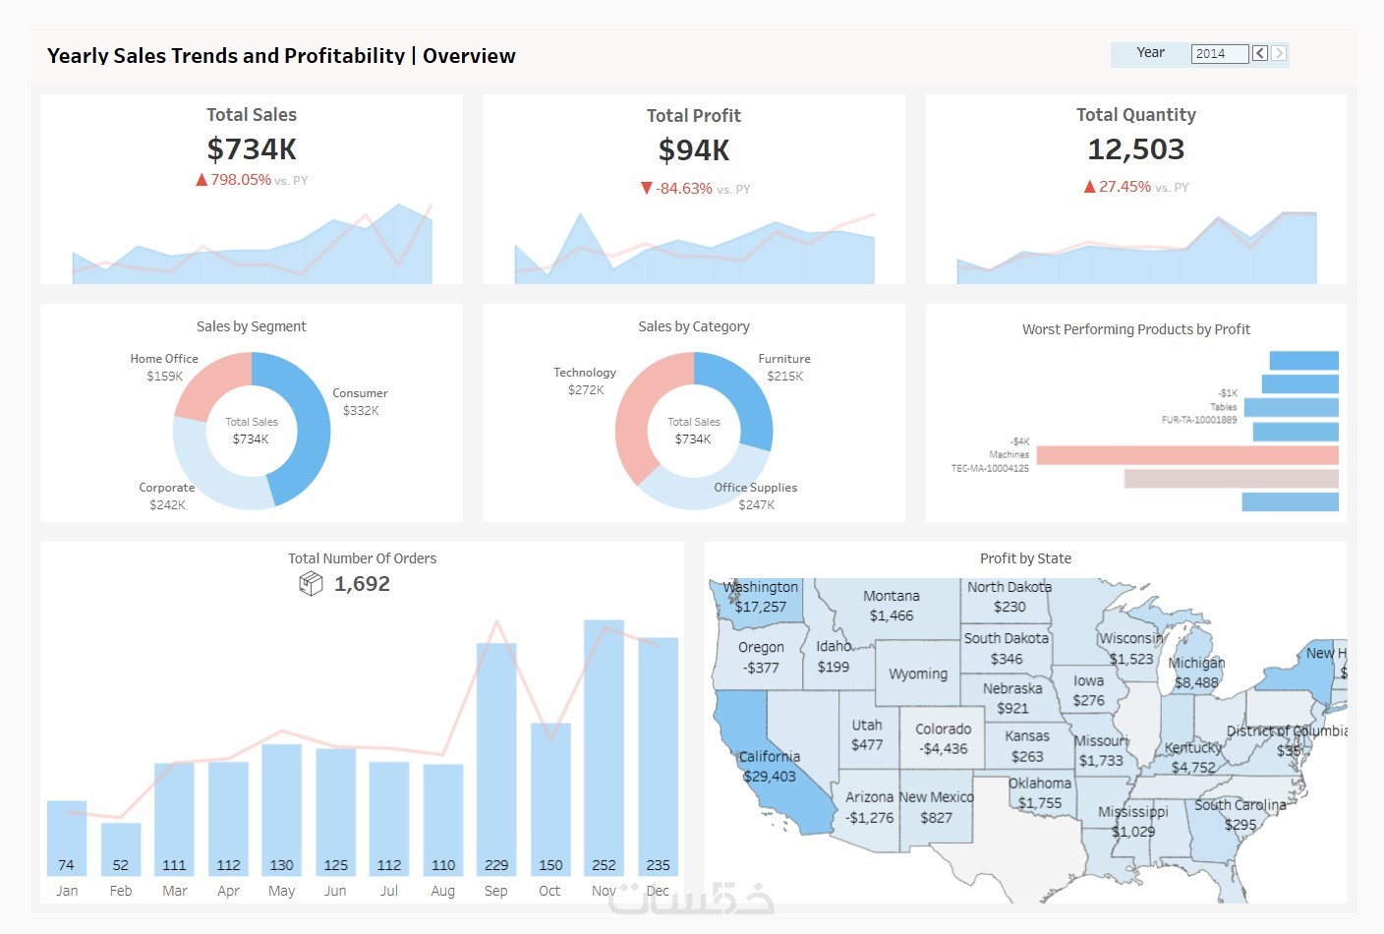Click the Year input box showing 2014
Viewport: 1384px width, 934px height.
pos(1219,54)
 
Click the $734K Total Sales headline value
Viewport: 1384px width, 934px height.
pos(252,149)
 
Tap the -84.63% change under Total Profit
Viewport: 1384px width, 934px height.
pos(684,189)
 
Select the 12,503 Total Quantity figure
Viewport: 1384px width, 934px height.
pos(1135,149)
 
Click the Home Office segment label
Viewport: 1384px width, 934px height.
pos(164,359)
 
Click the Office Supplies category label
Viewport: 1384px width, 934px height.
pos(755,488)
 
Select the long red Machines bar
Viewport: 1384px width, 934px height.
pos(1186,455)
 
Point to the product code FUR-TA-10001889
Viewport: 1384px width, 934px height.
pos(1199,420)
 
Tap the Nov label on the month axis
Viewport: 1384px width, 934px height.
pos(604,891)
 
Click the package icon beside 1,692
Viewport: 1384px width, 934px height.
pos(311,584)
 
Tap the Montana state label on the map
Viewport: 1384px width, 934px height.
pos(892,596)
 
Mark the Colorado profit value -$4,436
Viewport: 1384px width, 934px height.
pos(943,749)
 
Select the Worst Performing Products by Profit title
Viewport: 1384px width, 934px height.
pos(1135,329)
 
